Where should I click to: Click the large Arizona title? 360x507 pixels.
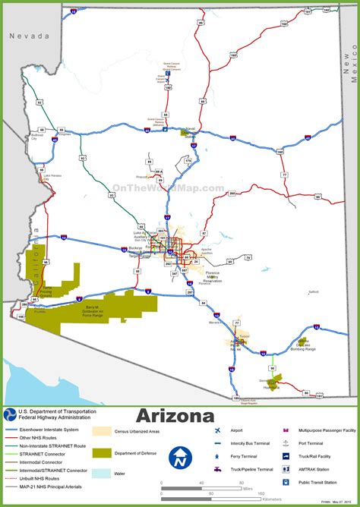[180, 416]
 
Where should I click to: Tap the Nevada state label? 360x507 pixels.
[28, 36]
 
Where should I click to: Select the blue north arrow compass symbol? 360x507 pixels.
[180, 458]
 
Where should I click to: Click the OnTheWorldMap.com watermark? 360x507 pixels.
[168, 188]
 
